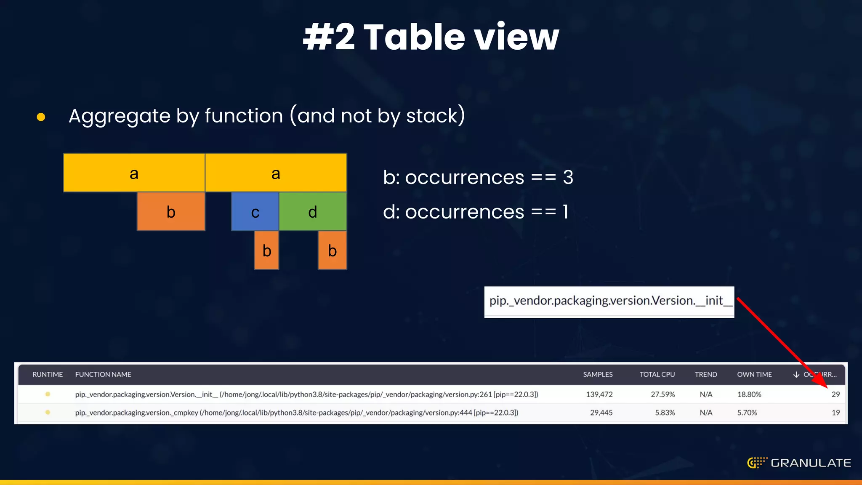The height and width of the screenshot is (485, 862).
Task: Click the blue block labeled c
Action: [255, 211]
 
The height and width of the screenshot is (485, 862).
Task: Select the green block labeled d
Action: [313, 211]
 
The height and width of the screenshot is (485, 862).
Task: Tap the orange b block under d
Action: [332, 250]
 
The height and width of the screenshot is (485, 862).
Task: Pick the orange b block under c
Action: [266, 250]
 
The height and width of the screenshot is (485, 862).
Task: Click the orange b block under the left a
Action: [171, 211]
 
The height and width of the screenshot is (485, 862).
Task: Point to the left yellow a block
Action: [134, 173]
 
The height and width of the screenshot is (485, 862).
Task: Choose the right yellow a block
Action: [276, 173]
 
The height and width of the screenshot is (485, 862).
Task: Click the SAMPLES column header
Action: [598, 374]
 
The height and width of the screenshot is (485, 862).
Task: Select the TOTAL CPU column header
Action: [657, 374]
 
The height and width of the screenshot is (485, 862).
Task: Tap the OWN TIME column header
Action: [754, 374]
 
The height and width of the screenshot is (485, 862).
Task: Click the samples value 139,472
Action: [599, 394]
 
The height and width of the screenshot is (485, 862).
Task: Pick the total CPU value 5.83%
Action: [665, 413]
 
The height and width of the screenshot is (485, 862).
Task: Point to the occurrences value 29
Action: [835, 394]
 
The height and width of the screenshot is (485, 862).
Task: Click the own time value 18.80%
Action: [749, 394]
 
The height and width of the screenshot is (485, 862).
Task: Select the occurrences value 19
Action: [835, 413]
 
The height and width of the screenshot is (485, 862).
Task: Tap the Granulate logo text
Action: [811, 463]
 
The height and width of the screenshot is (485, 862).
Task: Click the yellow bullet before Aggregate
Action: [41, 117]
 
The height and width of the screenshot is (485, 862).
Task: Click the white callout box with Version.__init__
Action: [609, 301]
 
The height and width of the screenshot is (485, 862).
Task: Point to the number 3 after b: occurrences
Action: [568, 177]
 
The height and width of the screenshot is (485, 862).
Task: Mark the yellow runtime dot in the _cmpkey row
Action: [48, 413]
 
